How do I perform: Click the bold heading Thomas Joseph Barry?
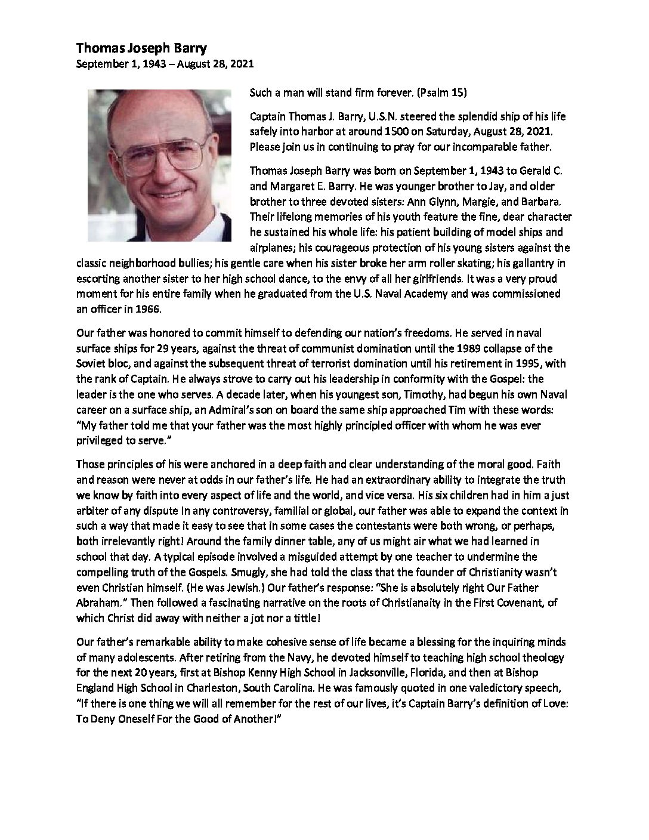(x=133, y=51)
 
